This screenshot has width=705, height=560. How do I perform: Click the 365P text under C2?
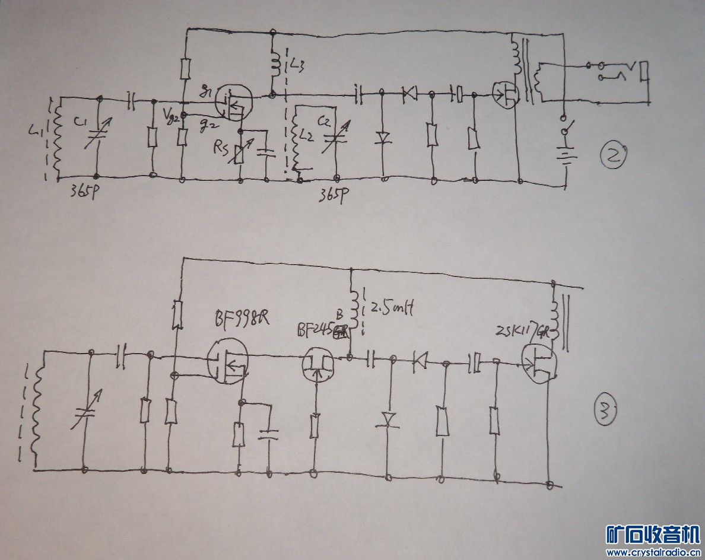pyautogui.click(x=333, y=193)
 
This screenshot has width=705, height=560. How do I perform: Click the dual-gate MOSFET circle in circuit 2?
pyautogui.click(x=233, y=102)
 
